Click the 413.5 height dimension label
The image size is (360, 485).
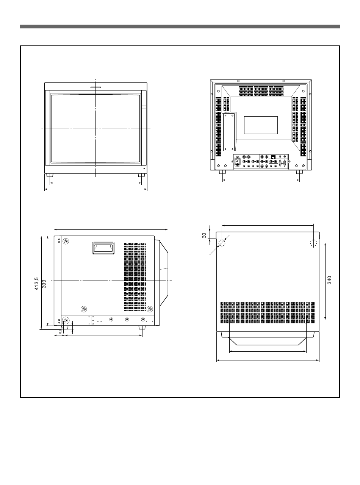coord(37,283)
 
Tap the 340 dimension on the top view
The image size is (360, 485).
coord(330,280)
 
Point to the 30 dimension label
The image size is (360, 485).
coord(204,235)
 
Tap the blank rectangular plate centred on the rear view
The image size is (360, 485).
coord(261,125)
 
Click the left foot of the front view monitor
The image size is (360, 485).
coord(50,176)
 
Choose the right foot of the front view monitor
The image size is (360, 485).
coord(141,176)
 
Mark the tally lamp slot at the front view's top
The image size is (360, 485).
coord(96,87)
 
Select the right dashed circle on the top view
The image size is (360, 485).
coord(313,243)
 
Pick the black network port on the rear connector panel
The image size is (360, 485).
coord(273,156)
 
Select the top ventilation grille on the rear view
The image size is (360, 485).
coord(261,91)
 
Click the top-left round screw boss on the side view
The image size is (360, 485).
coord(66,241)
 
